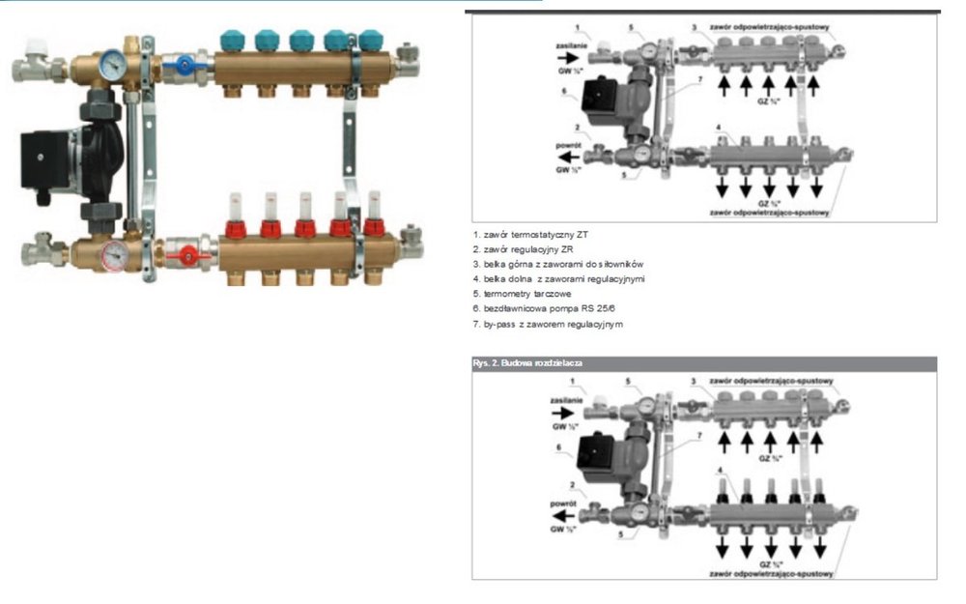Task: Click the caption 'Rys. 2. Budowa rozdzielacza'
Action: pyautogui.click(x=526, y=362)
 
